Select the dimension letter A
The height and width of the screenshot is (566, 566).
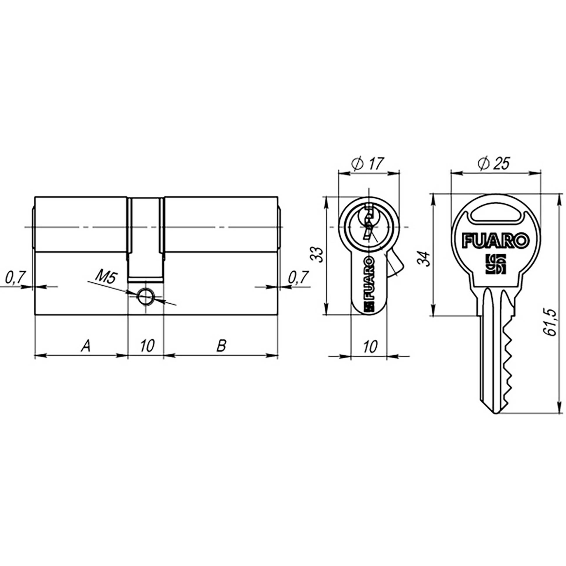pyautogui.click(x=85, y=346)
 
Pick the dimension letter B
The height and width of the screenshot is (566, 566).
pyautogui.click(x=221, y=346)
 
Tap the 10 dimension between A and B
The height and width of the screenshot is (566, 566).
pyautogui.click(x=147, y=346)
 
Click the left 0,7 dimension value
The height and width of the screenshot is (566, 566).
pyautogui.click(x=15, y=277)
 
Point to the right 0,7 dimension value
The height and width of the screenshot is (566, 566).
pyautogui.click(x=299, y=277)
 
